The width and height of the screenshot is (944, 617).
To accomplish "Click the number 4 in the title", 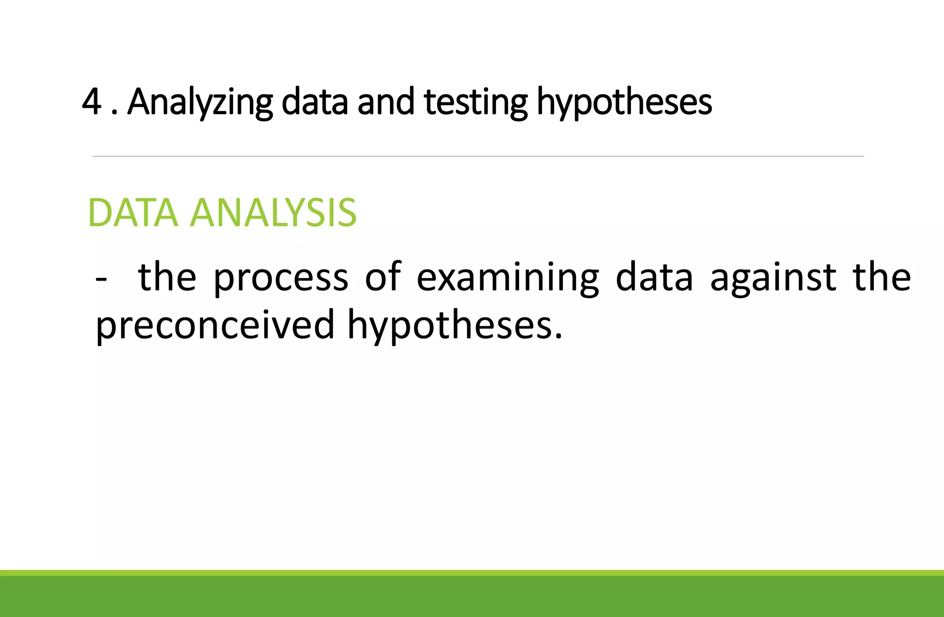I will coord(92,102).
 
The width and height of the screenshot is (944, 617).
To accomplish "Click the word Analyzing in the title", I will coord(200,102).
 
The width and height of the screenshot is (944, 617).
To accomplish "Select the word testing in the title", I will coord(475,102).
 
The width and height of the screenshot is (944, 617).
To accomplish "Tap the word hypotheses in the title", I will coord(624,102).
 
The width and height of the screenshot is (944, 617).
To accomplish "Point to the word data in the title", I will coord(314,102).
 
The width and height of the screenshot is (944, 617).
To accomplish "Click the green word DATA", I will coord(133,213).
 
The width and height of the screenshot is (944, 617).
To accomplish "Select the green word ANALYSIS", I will coord(273,213).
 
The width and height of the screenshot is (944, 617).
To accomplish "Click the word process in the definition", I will coord(281,278).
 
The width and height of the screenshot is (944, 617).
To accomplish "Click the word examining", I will coord(507,278).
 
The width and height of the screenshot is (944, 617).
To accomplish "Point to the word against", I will coord(773,278).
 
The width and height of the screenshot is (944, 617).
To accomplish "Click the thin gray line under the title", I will coord(478,156).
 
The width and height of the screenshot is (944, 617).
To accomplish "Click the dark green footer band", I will coord(472,596).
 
